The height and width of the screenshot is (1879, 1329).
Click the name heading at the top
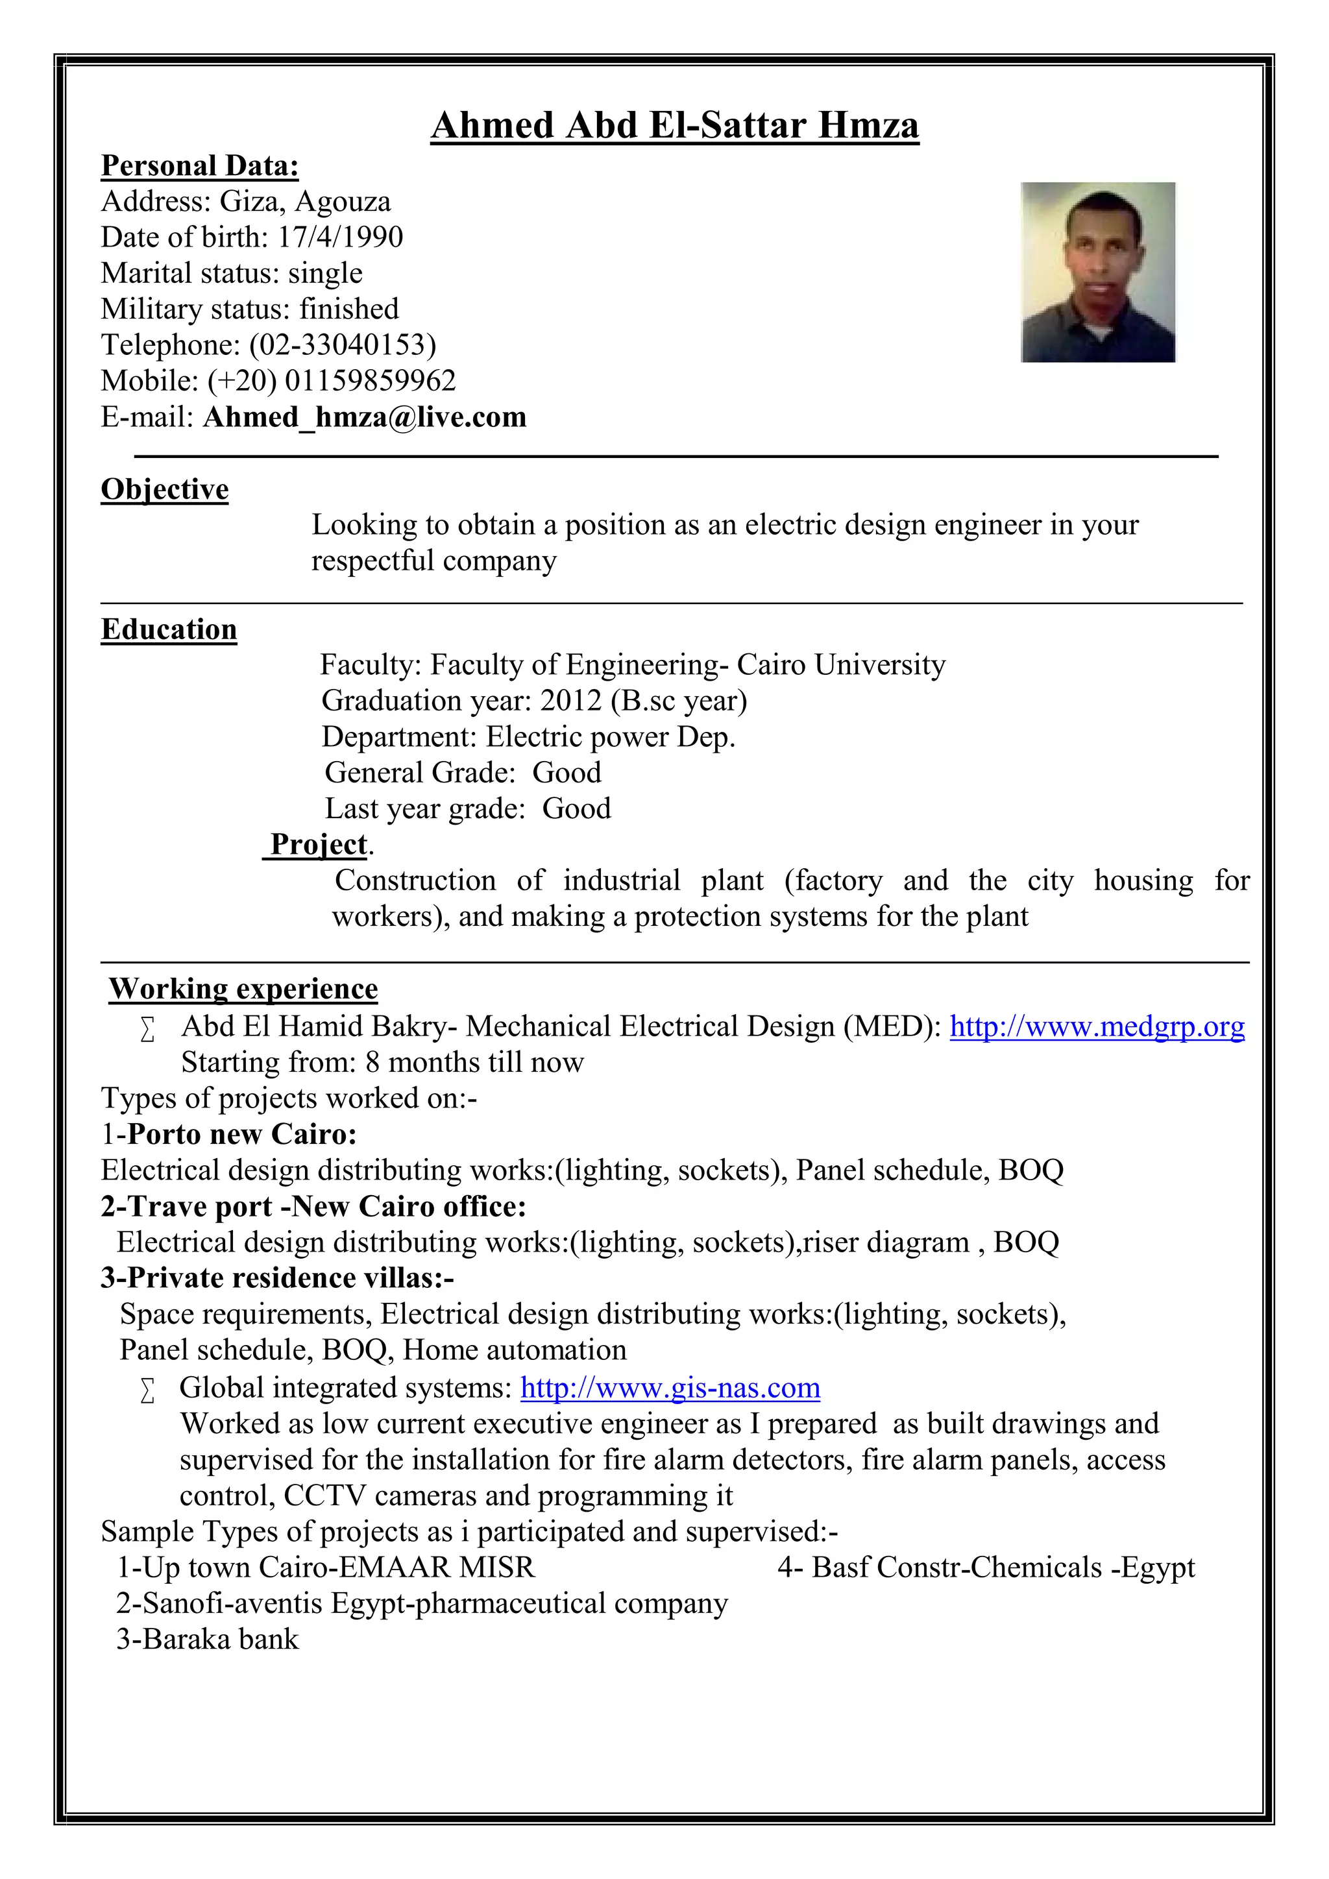pyautogui.click(x=674, y=126)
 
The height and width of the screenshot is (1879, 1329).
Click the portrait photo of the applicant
pyautogui.click(x=1097, y=272)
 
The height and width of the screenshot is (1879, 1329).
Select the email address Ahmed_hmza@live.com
pyautogui.click(x=364, y=417)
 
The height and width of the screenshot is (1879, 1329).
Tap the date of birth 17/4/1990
pyautogui.click(x=341, y=237)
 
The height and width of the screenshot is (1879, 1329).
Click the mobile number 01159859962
pyautogui.click(x=370, y=381)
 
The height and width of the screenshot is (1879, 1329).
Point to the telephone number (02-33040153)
pyautogui.click(x=342, y=345)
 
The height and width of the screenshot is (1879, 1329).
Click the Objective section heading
pyautogui.click(x=164, y=489)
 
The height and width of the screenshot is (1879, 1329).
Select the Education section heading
pyautogui.click(x=169, y=629)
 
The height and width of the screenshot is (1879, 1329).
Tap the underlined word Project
pyautogui.click(x=319, y=843)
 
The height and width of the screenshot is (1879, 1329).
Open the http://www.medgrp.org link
pyautogui.click(x=1097, y=1026)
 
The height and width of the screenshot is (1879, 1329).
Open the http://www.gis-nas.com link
pyautogui.click(x=670, y=1388)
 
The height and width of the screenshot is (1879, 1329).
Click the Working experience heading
pyautogui.click(x=243, y=989)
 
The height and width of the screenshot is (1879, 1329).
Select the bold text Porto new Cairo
pyautogui.click(x=241, y=1134)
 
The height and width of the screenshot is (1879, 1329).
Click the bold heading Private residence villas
pyautogui.click(x=276, y=1278)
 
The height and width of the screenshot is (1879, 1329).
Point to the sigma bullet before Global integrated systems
pyautogui.click(x=147, y=1390)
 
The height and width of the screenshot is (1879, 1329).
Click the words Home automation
pyautogui.click(x=515, y=1350)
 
